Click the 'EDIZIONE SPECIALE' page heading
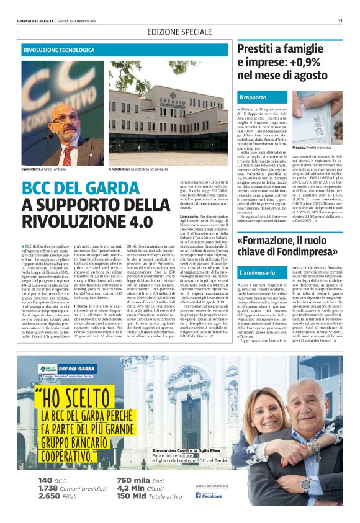[179, 31]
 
